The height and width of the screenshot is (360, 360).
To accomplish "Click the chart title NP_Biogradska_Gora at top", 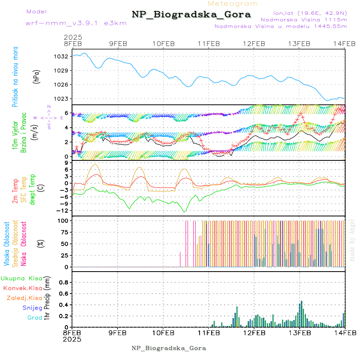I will [x=191, y=15].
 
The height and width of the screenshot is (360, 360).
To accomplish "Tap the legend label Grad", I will [x=34, y=318].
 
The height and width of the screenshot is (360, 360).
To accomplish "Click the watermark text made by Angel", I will [x=352, y=240].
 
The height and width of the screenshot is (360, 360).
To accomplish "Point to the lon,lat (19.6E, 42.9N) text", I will [x=310, y=12].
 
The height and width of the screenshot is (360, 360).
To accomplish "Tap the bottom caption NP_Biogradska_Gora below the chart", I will [x=169, y=348].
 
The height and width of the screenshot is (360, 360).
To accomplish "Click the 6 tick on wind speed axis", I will [x=66, y=113].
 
